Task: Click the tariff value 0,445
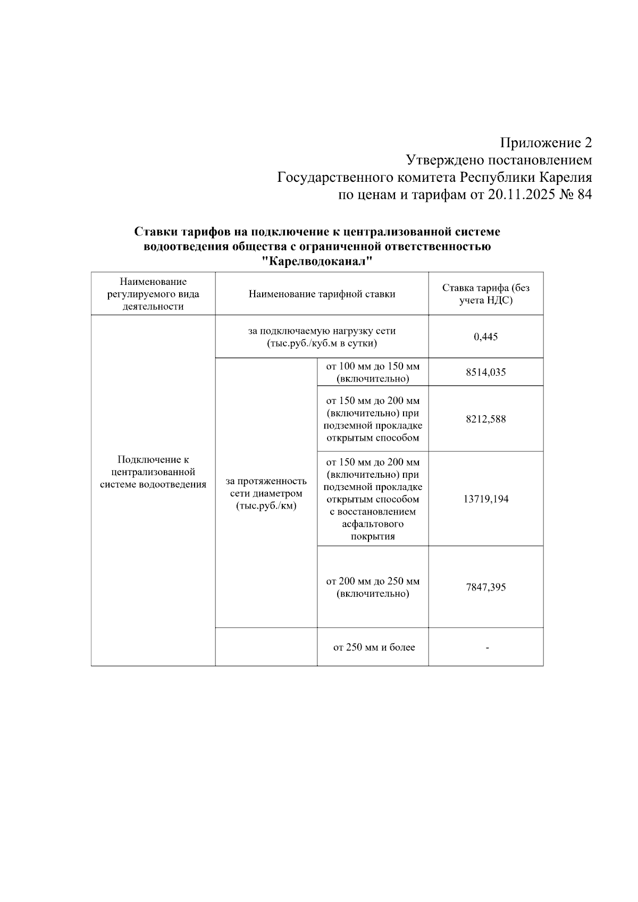click(x=485, y=337)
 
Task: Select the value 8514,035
click(x=485, y=372)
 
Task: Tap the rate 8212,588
click(x=485, y=419)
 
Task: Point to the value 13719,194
click(x=485, y=499)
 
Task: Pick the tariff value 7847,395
click(x=485, y=587)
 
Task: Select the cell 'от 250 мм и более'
click(x=374, y=647)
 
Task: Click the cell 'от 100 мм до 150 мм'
click(x=373, y=372)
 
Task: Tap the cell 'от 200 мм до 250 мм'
click(x=373, y=587)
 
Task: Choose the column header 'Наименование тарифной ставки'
click(x=322, y=294)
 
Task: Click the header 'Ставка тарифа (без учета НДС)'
click(x=485, y=294)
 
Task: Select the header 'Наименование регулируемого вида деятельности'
click(x=153, y=294)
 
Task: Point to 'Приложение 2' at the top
click(x=545, y=143)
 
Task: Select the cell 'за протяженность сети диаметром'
click(x=266, y=493)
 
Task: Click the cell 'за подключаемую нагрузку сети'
click(x=322, y=337)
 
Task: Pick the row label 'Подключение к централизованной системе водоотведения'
click(x=153, y=472)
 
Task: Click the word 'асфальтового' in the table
click(x=373, y=524)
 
